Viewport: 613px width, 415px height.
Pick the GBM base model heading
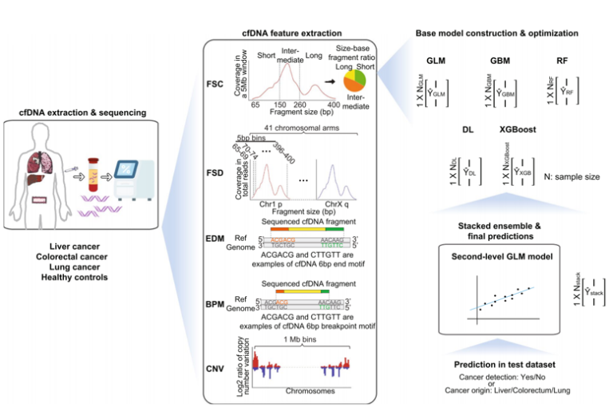click(x=502, y=61)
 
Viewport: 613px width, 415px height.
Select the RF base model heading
click(x=563, y=61)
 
